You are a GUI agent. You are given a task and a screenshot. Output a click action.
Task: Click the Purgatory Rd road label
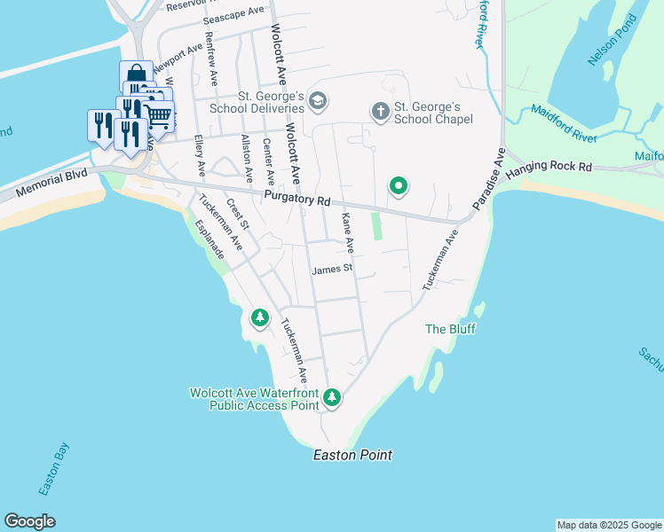tap(296, 200)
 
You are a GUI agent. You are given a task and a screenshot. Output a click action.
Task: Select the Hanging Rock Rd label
tap(548, 168)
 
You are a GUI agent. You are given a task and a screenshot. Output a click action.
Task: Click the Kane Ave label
tap(348, 231)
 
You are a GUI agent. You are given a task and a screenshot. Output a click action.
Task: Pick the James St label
tap(332, 269)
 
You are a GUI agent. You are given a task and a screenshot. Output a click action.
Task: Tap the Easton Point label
tap(352, 455)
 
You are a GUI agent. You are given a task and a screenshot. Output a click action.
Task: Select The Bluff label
tap(450, 329)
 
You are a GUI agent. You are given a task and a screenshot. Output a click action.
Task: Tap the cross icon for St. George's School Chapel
tap(380, 112)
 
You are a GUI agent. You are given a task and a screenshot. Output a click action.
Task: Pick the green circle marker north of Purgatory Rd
tap(399, 185)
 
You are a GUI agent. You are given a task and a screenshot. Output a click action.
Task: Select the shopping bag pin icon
tap(136, 74)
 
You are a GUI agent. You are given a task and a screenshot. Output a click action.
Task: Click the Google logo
tap(29, 521)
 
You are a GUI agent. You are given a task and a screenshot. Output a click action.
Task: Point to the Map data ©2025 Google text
tap(609, 525)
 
